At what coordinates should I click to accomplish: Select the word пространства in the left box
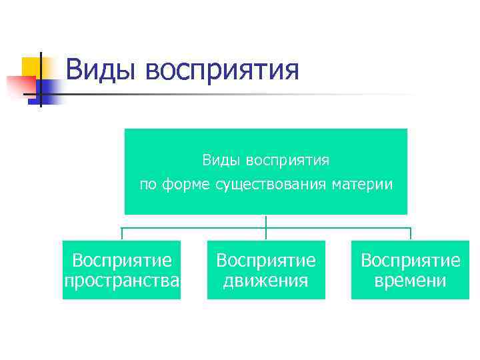pyautogui.click(x=122, y=281)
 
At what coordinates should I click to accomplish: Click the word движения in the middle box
pyautogui.click(x=266, y=281)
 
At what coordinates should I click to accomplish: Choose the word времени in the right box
pyautogui.click(x=410, y=281)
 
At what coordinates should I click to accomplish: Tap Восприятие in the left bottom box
pyautogui.click(x=122, y=260)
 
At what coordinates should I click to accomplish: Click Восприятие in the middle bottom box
pyautogui.click(x=266, y=260)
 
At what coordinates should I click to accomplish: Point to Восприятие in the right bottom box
pyautogui.click(x=410, y=260)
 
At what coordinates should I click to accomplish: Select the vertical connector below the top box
pyautogui.click(x=266, y=221)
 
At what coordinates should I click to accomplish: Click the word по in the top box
pyautogui.click(x=149, y=185)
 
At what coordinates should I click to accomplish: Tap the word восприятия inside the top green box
pyautogui.click(x=287, y=161)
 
